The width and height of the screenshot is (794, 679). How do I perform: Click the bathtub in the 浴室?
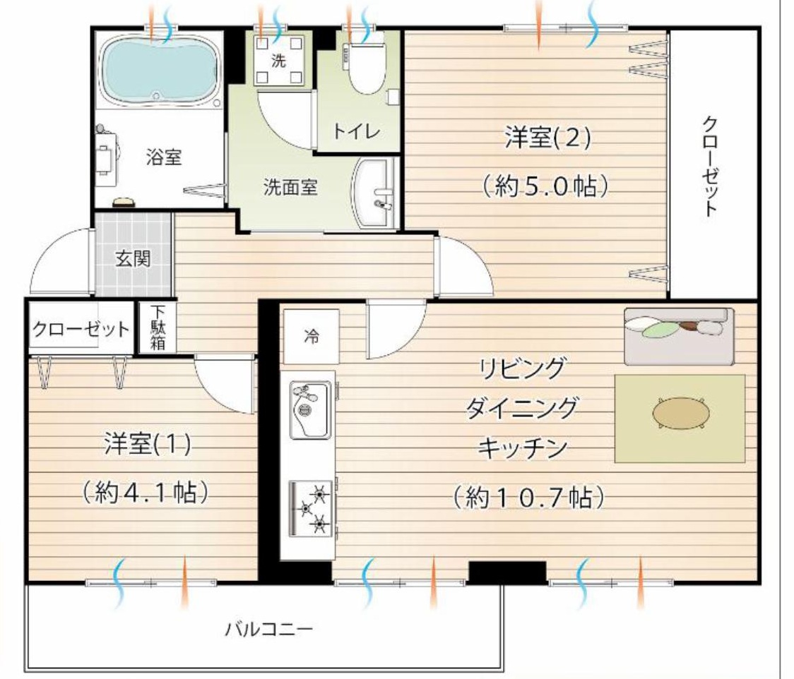pyautogui.click(x=160, y=70)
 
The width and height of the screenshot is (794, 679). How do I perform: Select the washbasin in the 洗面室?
pyautogui.click(x=373, y=193)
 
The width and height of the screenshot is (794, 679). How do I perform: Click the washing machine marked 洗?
pyautogui.click(x=278, y=60)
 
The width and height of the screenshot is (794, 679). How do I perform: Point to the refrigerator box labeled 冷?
pyautogui.click(x=311, y=336)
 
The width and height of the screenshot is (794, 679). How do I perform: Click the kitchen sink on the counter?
pyautogui.click(x=310, y=410)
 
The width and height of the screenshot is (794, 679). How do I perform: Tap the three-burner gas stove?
pyautogui.click(x=311, y=508)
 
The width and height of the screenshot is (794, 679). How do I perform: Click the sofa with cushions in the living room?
pyautogui.click(x=679, y=335)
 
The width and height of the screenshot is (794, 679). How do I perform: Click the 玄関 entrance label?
pyautogui.click(x=133, y=259)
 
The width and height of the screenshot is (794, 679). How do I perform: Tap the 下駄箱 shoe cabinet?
pyautogui.click(x=157, y=328)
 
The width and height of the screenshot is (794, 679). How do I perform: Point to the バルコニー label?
pyautogui.click(x=269, y=630)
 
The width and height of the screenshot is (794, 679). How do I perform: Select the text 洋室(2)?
pyautogui.click(x=547, y=138)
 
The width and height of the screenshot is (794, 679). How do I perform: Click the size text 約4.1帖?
pyautogui.click(x=145, y=492)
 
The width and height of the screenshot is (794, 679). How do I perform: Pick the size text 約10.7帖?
pyautogui.click(x=528, y=498)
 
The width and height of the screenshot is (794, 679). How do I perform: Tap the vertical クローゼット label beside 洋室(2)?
pyautogui.click(x=711, y=167)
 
